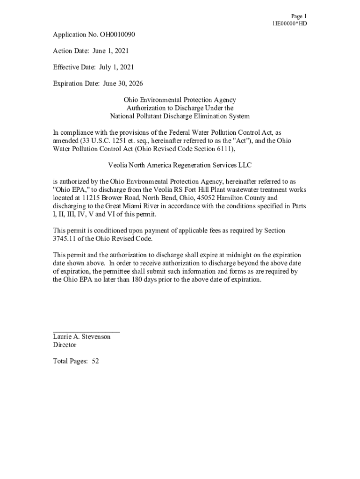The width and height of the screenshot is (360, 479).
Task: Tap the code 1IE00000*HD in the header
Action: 289,23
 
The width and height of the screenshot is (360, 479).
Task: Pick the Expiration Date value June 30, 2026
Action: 120,84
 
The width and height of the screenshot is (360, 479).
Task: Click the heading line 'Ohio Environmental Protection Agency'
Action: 180,100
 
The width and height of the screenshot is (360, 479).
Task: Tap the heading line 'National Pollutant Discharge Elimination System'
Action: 180,116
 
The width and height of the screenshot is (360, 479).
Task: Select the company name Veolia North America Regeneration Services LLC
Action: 180,165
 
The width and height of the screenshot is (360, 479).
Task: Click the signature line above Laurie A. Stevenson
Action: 86,331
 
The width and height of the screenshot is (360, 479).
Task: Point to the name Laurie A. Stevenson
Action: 82,337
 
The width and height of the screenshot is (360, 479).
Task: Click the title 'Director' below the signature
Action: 65,345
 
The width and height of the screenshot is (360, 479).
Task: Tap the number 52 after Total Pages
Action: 95,361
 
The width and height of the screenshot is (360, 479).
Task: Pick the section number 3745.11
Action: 64,239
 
